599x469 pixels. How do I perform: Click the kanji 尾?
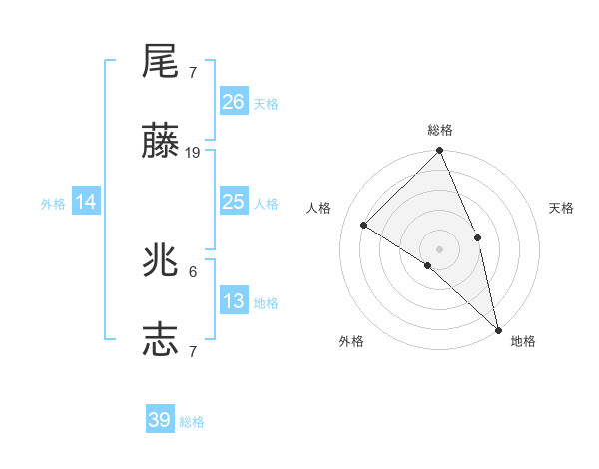point(161,62)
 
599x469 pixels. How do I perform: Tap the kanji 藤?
point(161,144)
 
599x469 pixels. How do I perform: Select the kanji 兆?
point(161,262)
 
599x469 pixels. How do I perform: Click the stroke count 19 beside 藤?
point(193,153)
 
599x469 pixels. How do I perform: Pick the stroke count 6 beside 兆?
point(193,271)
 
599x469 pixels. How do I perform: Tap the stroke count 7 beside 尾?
point(193,72)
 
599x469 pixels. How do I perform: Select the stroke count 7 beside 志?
point(193,351)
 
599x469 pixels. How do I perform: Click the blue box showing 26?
point(234,102)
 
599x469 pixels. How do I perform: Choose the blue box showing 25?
point(234,202)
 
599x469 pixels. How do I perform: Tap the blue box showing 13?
point(234,301)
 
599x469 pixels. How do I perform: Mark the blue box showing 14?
point(86,202)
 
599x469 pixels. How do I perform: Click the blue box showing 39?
point(160,420)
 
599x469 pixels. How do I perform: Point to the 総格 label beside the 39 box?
point(193,422)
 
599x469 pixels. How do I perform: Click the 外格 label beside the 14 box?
point(53,204)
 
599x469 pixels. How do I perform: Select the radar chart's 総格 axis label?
point(440,130)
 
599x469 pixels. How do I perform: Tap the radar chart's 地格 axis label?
point(523,341)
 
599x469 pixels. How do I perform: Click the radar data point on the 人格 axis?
point(365,225)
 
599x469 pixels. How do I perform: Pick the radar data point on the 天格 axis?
point(478,237)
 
